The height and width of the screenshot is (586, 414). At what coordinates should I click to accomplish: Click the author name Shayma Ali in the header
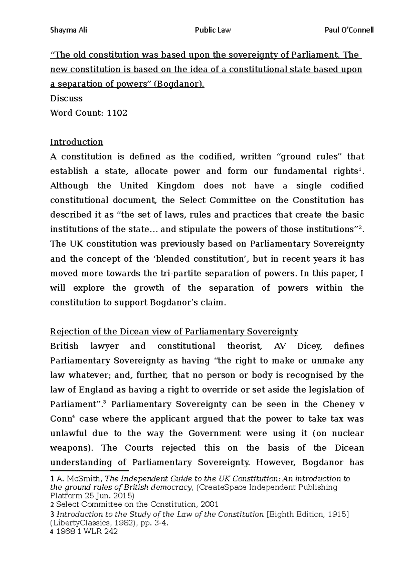coord(69,30)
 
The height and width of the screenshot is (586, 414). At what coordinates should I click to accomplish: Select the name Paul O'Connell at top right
coord(349,30)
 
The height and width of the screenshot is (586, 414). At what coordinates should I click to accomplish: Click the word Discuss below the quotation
coord(66,99)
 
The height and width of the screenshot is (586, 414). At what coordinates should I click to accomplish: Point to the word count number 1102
coord(117,113)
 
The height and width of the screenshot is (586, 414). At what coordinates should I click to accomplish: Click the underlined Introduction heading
coord(77,142)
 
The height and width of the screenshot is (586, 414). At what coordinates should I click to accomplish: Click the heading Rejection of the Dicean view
coord(174,332)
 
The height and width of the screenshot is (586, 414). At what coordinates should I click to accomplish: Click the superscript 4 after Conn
coord(74,417)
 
